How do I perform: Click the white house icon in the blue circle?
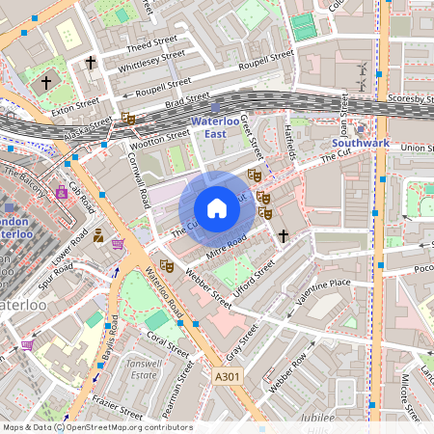coord(217,207)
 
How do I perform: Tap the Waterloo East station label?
coord(217,127)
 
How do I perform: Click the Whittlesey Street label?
coord(150,64)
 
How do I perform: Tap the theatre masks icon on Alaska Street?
coord(128,119)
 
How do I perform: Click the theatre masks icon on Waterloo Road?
coord(165,263)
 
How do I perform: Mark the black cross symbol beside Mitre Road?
coord(284,234)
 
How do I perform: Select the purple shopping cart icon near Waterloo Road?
coord(118,244)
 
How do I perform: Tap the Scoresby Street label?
coord(408,98)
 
